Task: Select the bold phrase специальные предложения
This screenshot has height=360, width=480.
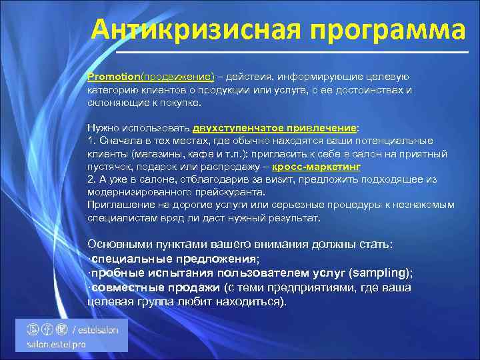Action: (173, 259)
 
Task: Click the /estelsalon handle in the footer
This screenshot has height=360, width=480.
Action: (97, 329)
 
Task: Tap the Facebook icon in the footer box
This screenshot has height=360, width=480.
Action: (48, 329)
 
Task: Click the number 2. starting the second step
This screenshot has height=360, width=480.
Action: (92, 179)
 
